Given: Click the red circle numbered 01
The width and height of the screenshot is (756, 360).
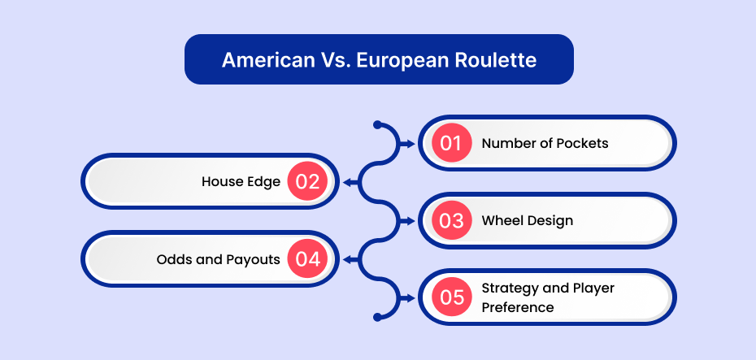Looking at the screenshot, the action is pyautogui.click(x=451, y=143).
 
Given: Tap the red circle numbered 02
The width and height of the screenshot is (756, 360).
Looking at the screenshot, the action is pyautogui.click(x=307, y=182).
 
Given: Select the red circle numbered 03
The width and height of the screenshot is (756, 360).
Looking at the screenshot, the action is pyautogui.click(x=451, y=220).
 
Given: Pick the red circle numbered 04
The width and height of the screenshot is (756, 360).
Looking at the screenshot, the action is pyautogui.click(x=307, y=259).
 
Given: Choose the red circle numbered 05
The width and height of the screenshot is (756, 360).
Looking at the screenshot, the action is pyautogui.click(x=451, y=297).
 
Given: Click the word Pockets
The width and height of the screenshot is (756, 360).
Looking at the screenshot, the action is pyautogui.click(x=582, y=143).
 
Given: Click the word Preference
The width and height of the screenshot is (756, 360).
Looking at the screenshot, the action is pyautogui.click(x=518, y=307).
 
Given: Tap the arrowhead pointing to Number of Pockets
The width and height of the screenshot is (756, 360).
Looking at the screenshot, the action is pyautogui.click(x=411, y=144).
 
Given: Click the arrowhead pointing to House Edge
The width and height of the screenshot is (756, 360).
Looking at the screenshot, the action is pyautogui.click(x=346, y=182).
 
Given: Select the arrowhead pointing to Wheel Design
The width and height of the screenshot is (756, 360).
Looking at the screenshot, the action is pyautogui.click(x=411, y=221).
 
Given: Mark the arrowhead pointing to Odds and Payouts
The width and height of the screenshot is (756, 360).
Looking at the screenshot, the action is pyautogui.click(x=346, y=260).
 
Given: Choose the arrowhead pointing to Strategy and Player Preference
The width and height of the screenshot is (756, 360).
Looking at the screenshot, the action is pyautogui.click(x=411, y=297).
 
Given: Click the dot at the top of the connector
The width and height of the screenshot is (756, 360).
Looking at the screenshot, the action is pyautogui.click(x=377, y=125).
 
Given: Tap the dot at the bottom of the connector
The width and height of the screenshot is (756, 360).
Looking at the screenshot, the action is pyautogui.click(x=377, y=317).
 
